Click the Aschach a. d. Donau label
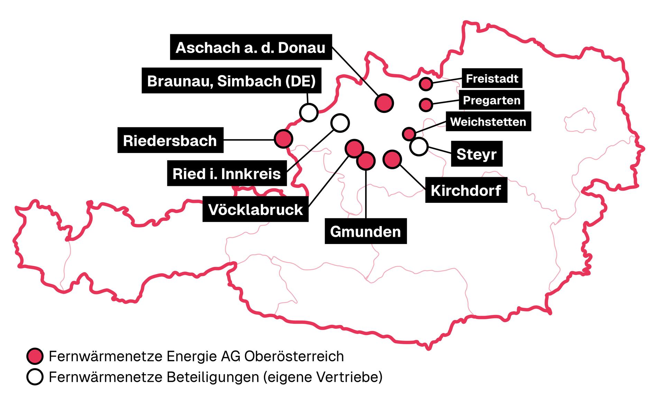[251, 47]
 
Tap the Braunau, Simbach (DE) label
[231, 81]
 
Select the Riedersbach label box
[170, 141]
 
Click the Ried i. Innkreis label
[227, 174]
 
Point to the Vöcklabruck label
[255, 209]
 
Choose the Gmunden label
[366, 231]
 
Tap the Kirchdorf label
[466, 190]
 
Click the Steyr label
[477, 154]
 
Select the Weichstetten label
[488, 121]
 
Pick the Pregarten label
[491, 100]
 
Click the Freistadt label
[492, 79]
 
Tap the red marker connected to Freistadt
[426, 84]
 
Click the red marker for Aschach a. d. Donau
[384, 103]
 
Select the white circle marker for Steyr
[418, 146]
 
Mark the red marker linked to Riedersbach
[284, 139]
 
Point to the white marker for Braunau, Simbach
[308, 112]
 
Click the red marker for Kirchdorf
[392, 159]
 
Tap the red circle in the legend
[35, 356]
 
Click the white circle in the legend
[35, 377]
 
